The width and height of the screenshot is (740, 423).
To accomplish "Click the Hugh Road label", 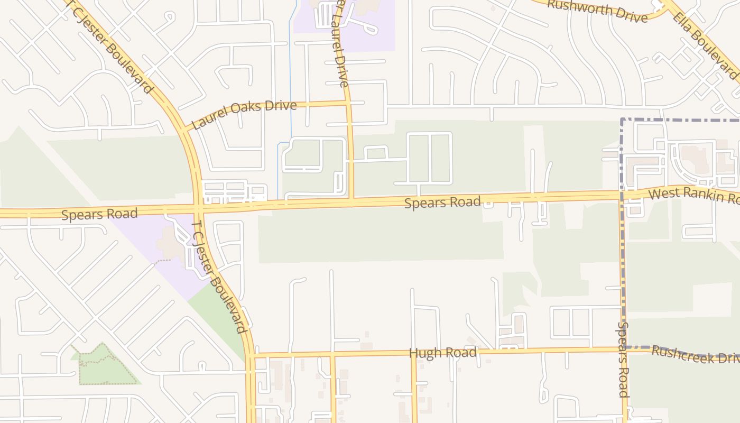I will pos(442,353).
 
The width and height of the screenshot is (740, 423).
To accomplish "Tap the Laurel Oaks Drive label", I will pos(244,114).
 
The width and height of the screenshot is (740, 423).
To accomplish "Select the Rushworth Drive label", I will pos(597,11).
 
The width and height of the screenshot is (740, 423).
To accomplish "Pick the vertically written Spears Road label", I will pos(623,360).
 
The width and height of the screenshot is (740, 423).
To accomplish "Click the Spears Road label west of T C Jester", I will pos(99,214).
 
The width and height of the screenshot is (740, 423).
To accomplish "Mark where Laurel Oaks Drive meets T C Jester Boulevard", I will pos(183,128).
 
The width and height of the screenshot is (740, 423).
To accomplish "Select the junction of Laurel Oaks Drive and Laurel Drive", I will pos(348,103).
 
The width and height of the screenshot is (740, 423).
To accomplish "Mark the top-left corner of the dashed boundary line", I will pos(622,120).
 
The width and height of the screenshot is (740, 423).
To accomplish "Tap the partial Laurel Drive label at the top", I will pos(339,42).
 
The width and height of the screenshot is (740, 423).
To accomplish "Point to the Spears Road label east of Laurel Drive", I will pos(442,202).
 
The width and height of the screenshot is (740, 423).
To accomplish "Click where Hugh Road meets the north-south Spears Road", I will pos(622,349).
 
